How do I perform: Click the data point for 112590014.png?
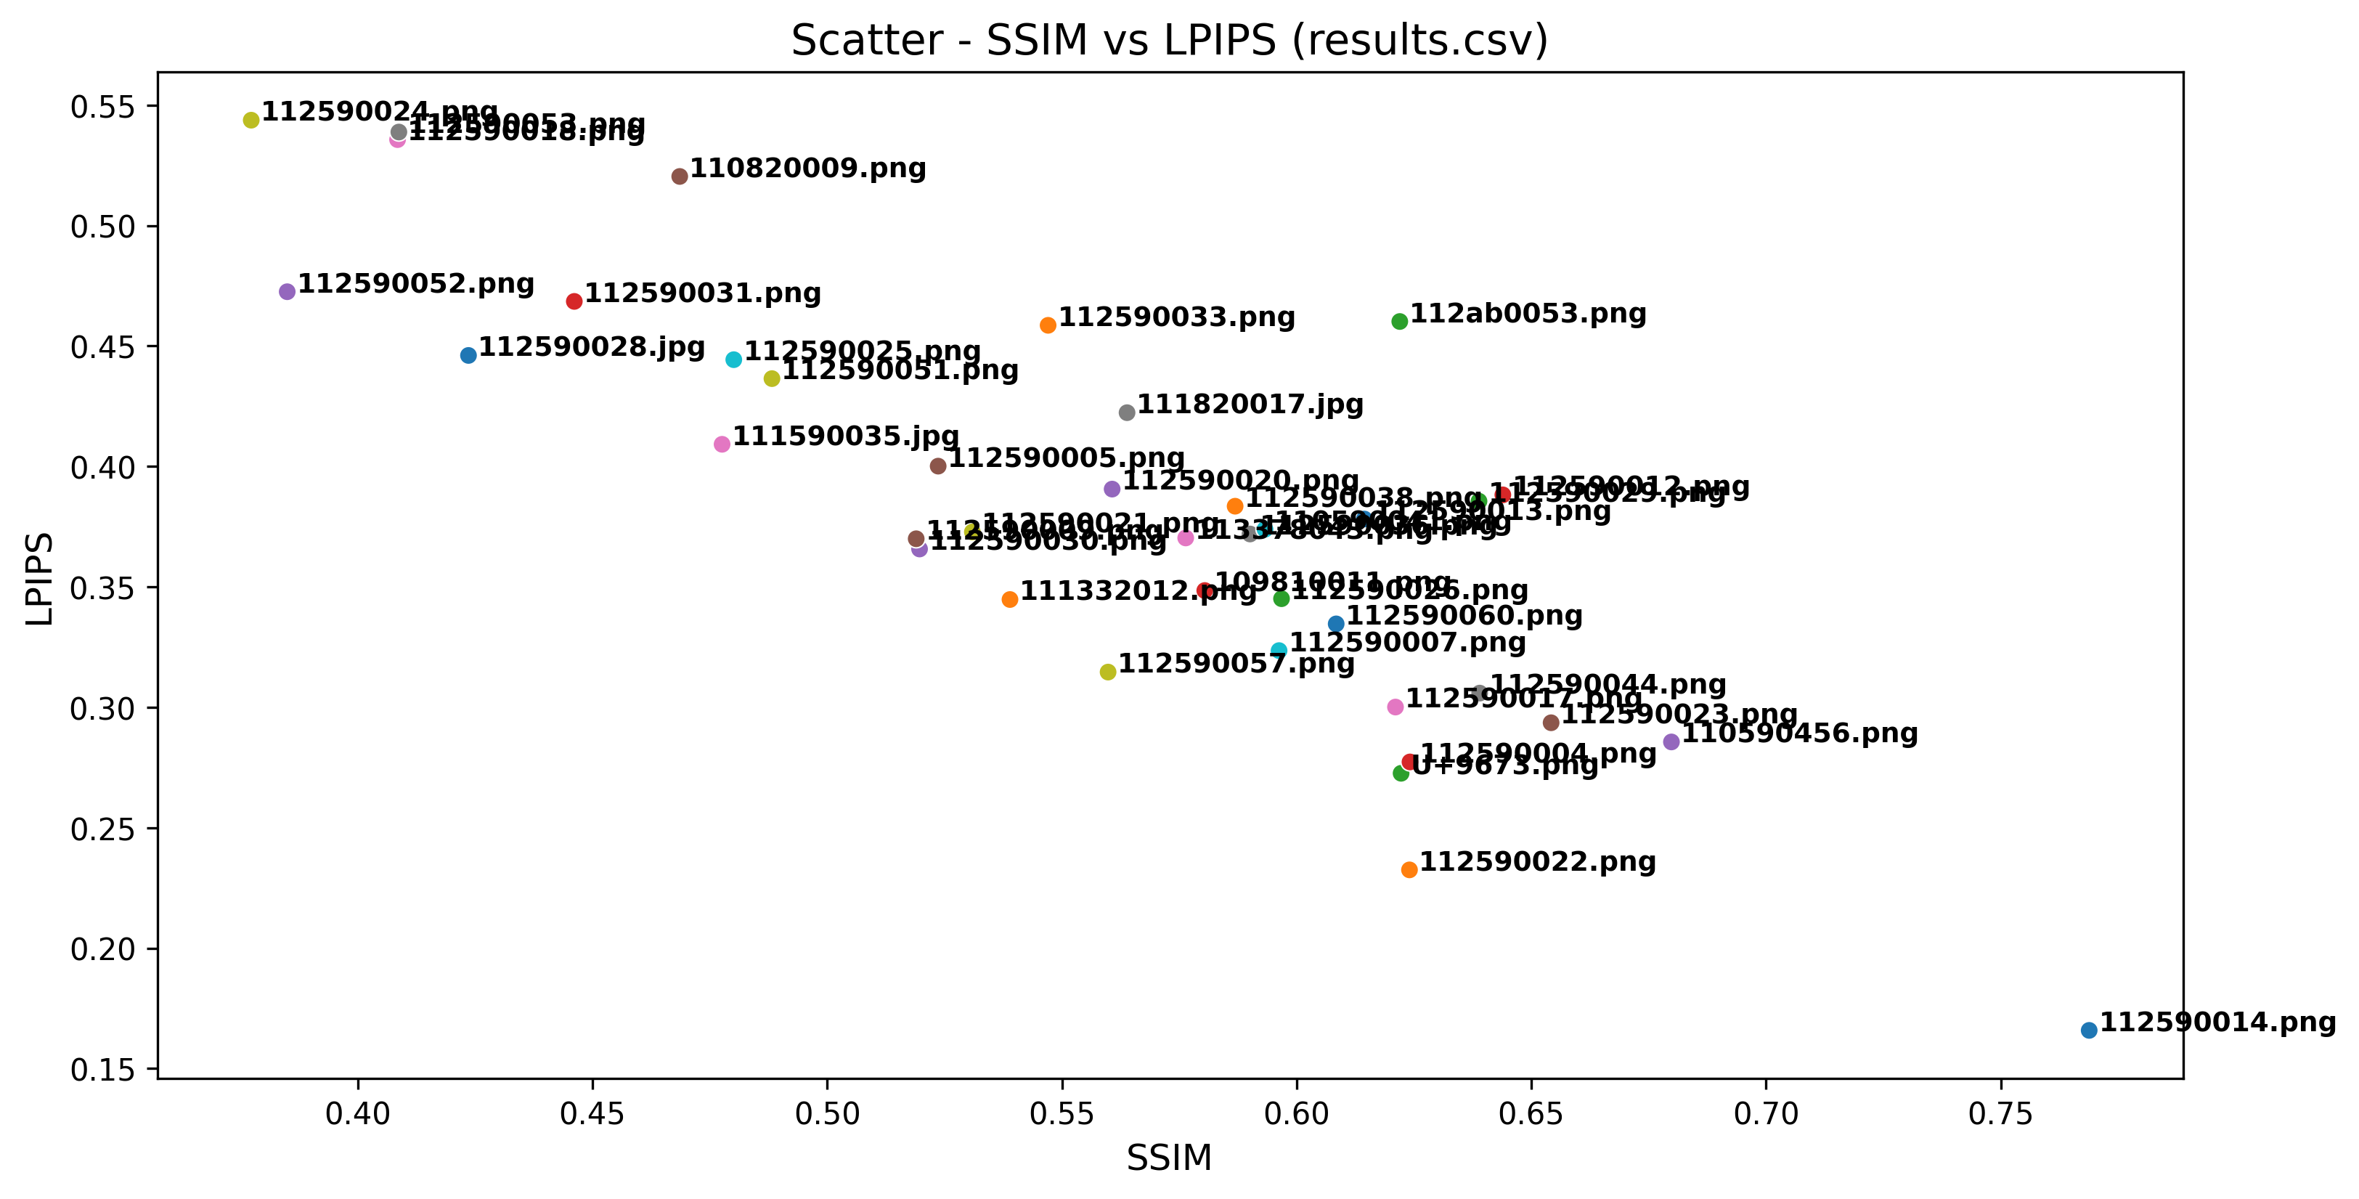(2089, 1031)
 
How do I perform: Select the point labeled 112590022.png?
(1409, 869)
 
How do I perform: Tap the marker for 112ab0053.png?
(1399, 322)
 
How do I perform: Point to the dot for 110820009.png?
(680, 176)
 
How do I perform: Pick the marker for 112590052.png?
(287, 291)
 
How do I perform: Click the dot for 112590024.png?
(251, 120)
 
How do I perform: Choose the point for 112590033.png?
(1048, 325)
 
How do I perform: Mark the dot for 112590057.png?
(1107, 672)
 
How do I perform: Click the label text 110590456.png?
(1799, 733)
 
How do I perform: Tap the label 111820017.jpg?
(1250, 404)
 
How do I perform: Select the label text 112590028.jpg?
(592, 347)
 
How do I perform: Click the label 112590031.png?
(702, 293)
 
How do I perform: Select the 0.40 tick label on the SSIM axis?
(358, 1114)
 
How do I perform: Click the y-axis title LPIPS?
(39, 579)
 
